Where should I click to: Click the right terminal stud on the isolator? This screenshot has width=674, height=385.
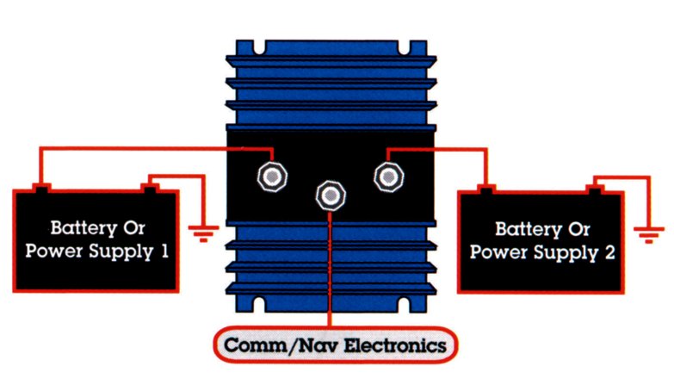(388, 176)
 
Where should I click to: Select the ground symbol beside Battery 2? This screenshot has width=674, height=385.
(647, 232)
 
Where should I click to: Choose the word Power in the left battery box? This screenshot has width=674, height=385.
(51, 252)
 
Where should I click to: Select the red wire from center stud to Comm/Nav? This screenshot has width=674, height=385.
(330, 267)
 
